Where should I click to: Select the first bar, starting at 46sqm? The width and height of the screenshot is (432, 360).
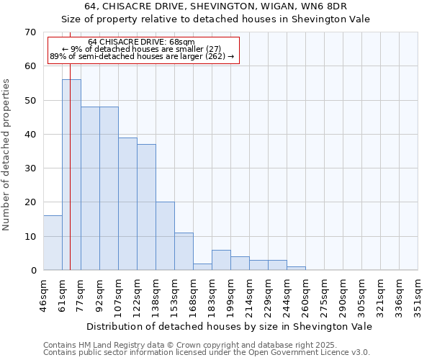click(x=53, y=243)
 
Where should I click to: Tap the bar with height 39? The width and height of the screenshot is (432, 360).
click(x=127, y=204)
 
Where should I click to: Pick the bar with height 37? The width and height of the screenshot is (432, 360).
click(x=146, y=207)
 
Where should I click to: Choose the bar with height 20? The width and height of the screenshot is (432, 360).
click(x=165, y=236)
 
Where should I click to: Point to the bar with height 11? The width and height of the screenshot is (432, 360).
click(x=184, y=251)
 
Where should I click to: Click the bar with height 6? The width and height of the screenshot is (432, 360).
click(x=221, y=260)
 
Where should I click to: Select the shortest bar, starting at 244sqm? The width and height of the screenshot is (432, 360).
click(x=296, y=269)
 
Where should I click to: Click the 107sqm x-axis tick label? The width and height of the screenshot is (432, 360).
click(x=118, y=294)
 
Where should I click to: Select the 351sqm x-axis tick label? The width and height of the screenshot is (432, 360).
click(x=418, y=294)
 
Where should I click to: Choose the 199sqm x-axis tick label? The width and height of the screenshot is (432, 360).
click(x=230, y=294)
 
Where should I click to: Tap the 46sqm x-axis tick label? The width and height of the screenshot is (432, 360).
click(x=43, y=294)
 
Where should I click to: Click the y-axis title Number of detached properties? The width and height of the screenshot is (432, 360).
click(x=7, y=155)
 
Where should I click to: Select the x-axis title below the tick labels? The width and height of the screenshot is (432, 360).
click(x=228, y=326)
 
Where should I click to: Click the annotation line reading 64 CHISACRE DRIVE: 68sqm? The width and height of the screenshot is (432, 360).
click(x=141, y=42)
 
